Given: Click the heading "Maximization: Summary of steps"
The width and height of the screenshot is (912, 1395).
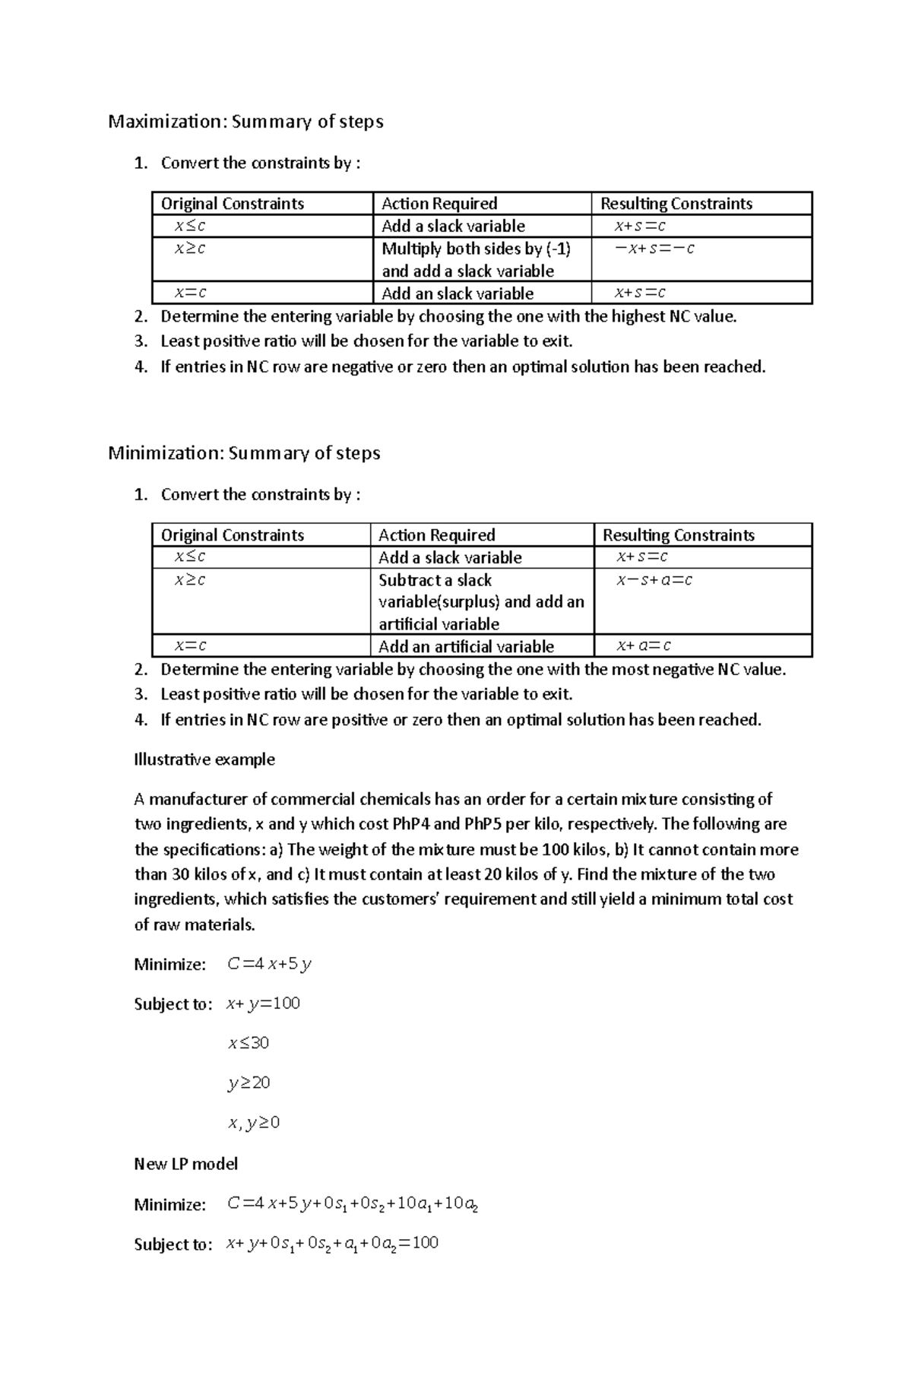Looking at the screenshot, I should tap(245, 122).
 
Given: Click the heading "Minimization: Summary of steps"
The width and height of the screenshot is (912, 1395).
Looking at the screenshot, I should tap(244, 453).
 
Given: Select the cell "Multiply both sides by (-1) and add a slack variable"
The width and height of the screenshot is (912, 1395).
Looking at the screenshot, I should tap(476, 259).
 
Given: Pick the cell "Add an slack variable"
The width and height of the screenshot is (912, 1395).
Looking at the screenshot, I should tap(457, 293).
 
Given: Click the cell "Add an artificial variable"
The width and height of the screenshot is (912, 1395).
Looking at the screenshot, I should tap(466, 646).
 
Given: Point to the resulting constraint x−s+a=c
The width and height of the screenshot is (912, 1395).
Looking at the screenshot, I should tap(654, 580).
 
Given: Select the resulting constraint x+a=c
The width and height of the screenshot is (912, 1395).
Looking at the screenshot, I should tap(643, 646).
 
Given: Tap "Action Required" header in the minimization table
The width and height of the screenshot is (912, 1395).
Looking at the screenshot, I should tap(436, 535).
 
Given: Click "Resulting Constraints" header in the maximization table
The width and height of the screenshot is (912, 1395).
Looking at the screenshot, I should tap(676, 204).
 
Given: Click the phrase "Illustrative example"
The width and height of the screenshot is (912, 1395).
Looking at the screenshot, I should tap(204, 759).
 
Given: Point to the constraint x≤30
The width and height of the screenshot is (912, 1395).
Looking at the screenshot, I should tap(249, 1043).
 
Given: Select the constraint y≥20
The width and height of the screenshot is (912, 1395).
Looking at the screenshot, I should tap(249, 1083).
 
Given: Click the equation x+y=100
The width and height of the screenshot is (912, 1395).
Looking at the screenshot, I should tap(263, 1003).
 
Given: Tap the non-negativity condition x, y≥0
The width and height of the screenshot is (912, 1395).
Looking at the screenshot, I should tap(253, 1122).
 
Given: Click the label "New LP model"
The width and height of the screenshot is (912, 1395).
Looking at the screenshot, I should tap(186, 1164).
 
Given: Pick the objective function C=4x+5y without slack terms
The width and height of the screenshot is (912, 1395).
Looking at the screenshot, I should tap(269, 964).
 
